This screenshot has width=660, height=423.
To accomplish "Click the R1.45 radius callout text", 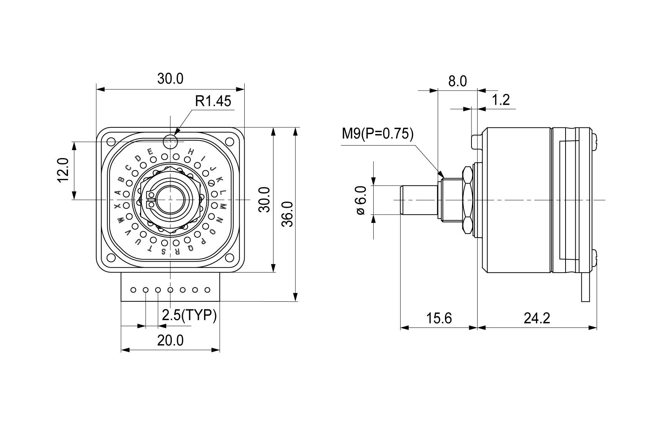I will click(x=213, y=101).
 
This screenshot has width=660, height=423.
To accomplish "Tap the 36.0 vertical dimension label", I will click(x=288, y=214).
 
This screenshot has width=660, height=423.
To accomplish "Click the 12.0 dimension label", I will click(x=64, y=170).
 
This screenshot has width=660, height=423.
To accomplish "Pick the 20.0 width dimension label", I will click(x=170, y=340).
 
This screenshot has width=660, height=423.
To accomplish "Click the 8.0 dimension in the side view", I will click(x=457, y=81).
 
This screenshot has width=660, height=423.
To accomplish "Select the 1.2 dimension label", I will click(x=501, y=100).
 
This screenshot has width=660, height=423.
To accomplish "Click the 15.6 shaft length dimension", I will click(x=439, y=318).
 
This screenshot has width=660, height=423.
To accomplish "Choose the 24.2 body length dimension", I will click(x=537, y=318).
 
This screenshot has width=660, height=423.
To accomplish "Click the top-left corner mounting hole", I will click(x=111, y=142).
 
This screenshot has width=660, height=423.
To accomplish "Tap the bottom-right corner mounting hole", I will click(x=229, y=258).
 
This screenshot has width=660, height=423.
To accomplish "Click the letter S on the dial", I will click(x=163, y=252).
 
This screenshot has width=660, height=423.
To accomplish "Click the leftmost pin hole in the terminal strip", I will click(x=133, y=290).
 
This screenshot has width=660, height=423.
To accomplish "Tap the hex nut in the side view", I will click(x=467, y=200).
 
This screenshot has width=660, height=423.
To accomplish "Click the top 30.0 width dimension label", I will click(x=170, y=79).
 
